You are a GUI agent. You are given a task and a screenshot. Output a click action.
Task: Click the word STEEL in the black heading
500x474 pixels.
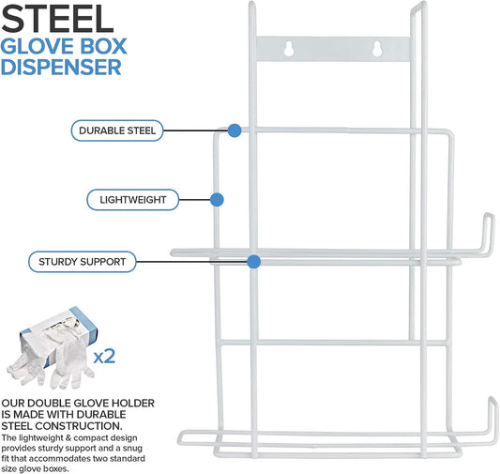click(x=57, y=19)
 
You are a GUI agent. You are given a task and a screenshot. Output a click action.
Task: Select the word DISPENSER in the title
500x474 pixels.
click(x=61, y=67)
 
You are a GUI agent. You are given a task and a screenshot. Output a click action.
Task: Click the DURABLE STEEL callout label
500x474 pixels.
click(x=117, y=130)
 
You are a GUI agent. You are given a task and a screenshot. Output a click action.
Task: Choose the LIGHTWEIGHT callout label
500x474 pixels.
click(x=133, y=200)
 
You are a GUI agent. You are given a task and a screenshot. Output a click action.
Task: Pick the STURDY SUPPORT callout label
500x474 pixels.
click(x=83, y=262)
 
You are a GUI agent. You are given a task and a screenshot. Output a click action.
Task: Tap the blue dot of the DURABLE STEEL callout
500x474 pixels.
click(x=235, y=130)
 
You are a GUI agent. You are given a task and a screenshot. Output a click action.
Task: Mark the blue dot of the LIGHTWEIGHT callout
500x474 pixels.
click(x=217, y=200)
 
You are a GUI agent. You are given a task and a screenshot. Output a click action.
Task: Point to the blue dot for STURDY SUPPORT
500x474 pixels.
click(x=254, y=262)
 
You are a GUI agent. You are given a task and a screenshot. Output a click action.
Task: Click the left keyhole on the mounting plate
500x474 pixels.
click(x=289, y=49)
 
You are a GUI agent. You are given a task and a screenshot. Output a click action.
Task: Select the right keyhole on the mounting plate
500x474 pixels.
click(x=377, y=49)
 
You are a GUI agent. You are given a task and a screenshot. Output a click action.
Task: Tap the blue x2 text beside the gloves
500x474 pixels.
click(x=104, y=356)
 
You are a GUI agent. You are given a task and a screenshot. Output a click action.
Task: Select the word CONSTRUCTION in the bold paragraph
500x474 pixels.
click(x=79, y=426)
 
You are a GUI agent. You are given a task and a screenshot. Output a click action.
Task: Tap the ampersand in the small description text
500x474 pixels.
click(x=68, y=437)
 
